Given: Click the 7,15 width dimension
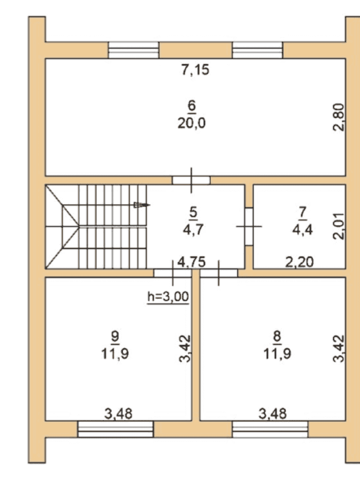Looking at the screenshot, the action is [x=195, y=70].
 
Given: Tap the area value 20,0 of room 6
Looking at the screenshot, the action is [x=192, y=123].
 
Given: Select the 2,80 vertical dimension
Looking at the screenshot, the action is [x=338, y=117].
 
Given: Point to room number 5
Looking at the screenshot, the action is [x=193, y=212].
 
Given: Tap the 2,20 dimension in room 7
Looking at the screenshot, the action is [x=299, y=262].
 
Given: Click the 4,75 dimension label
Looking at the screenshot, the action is [x=191, y=262].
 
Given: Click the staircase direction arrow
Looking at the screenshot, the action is [x=142, y=205].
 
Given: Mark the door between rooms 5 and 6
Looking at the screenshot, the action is [x=191, y=181].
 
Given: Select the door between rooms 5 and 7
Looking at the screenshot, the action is [x=249, y=226].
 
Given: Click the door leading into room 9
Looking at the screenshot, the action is [x=173, y=273].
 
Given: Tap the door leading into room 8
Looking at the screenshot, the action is [x=219, y=273].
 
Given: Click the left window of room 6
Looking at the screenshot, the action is [x=133, y=50].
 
